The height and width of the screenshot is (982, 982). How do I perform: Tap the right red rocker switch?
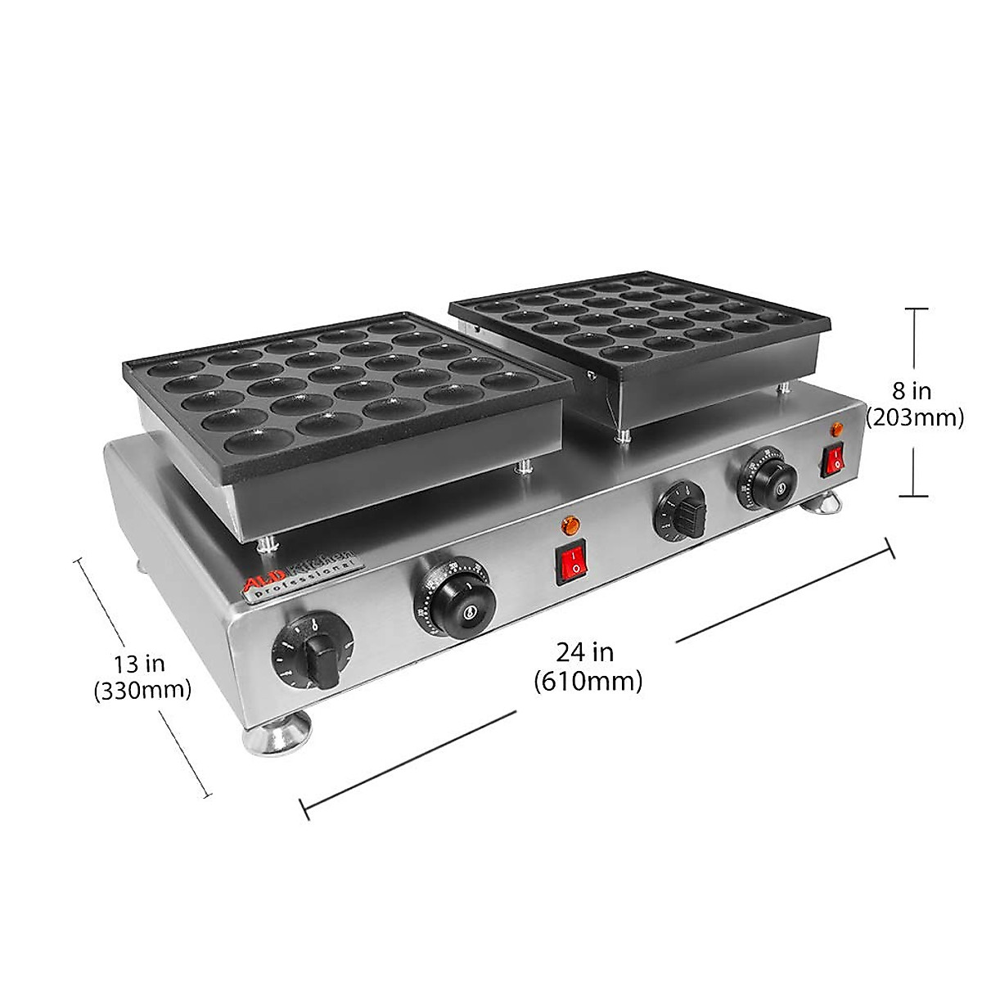835,460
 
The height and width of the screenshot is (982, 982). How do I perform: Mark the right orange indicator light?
836,429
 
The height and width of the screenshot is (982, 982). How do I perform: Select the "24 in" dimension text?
585,652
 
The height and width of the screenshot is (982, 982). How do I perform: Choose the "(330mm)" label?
142,690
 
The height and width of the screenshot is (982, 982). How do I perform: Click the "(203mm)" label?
913,418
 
